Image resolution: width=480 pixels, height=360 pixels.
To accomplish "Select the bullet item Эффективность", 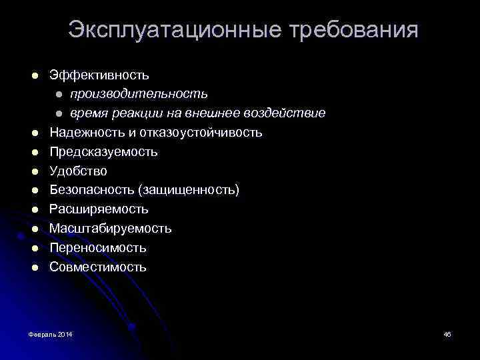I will [x=99, y=75].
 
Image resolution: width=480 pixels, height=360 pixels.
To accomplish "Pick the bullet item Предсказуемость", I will [x=103, y=152].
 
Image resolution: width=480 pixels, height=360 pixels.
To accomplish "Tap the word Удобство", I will [x=78, y=171].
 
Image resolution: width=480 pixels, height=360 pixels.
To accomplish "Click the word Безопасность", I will [x=91, y=191].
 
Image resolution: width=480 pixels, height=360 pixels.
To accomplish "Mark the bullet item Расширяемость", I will [x=99, y=209].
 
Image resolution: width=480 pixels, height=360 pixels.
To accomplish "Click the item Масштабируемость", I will [x=111, y=229].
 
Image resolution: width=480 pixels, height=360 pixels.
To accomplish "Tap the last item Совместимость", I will [x=97, y=267].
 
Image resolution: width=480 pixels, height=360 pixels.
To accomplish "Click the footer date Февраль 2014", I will [x=51, y=333].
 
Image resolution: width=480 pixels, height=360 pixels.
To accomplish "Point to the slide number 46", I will [x=447, y=333].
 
